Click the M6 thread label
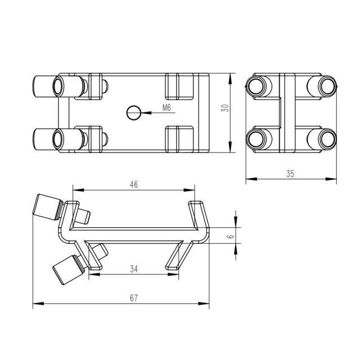click(x=166, y=107)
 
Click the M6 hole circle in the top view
click(x=133, y=112)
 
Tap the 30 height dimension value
click(x=225, y=108)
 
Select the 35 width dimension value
click(x=290, y=174)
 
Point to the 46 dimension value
click(x=134, y=184)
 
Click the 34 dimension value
click(x=134, y=269)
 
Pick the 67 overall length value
click(x=134, y=298)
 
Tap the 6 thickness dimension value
click(x=231, y=236)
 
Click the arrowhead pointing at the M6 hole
click(x=146, y=112)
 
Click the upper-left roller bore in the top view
click(x=57, y=87)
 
